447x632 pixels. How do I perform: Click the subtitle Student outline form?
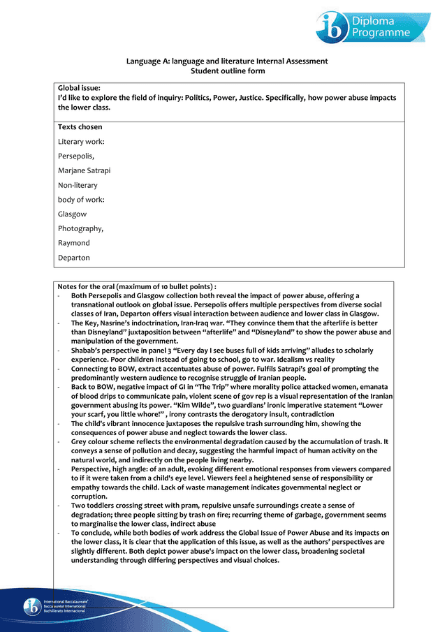click(227, 71)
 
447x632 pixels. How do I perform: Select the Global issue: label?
click(79, 88)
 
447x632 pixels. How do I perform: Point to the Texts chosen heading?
click(80, 127)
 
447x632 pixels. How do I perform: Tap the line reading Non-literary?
click(78, 185)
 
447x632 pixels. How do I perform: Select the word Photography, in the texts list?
click(80, 228)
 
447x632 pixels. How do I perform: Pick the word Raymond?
click(73, 243)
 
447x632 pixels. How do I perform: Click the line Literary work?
click(81, 142)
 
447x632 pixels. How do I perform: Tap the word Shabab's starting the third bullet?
click(87, 350)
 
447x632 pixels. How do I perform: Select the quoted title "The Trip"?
click(212, 387)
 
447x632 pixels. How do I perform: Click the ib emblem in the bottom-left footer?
click(31, 605)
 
